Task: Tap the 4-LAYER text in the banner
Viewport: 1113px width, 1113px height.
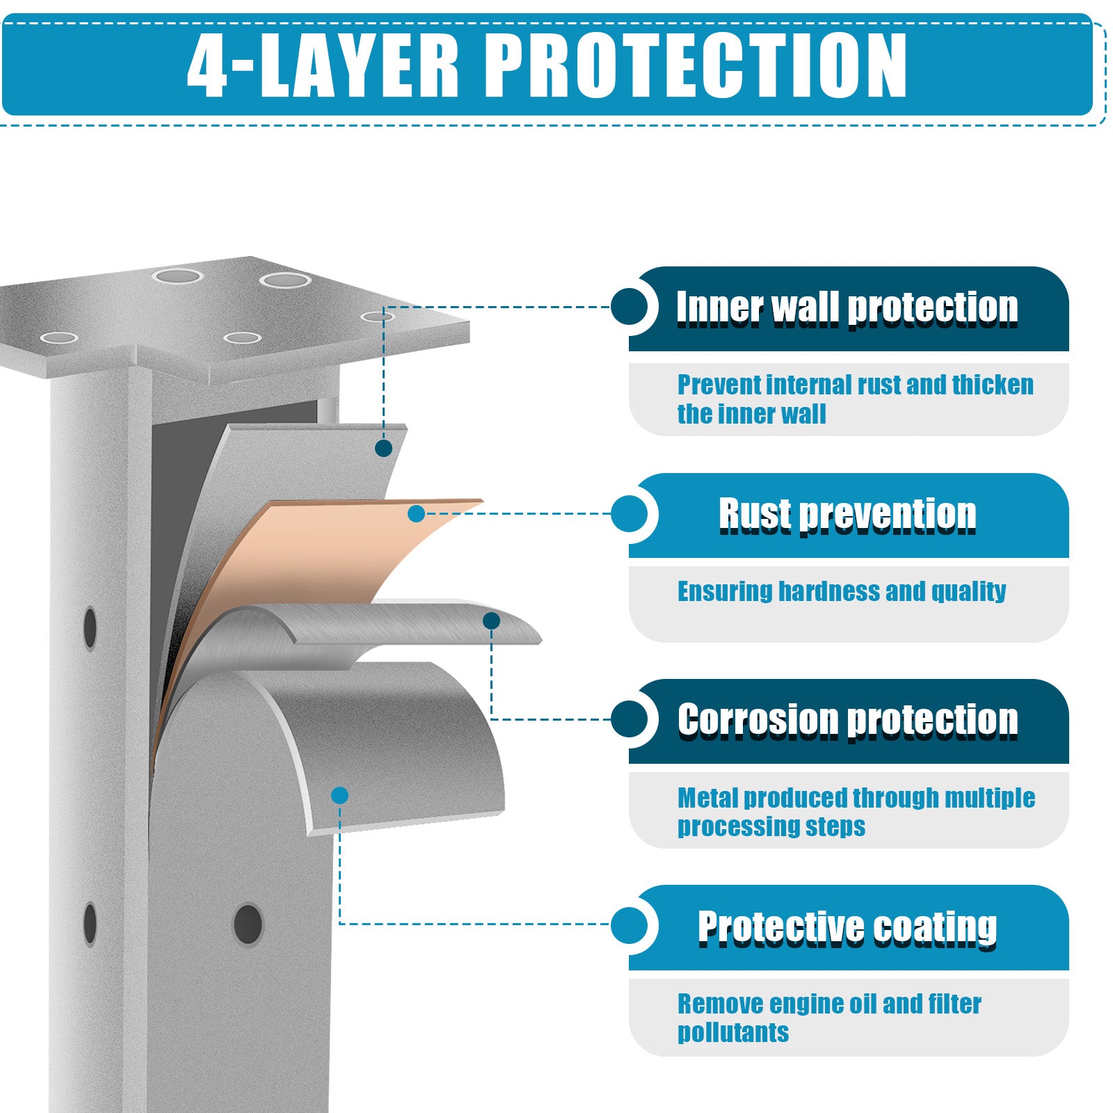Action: [x=323, y=65]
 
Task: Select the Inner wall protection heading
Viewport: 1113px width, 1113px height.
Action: [x=847, y=307]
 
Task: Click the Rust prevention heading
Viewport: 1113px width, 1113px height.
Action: [x=847, y=515]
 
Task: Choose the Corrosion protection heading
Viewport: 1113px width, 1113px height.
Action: [x=847, y=719]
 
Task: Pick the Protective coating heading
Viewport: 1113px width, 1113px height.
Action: [x=847, y=927]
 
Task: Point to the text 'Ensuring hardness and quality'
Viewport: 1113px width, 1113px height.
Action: [x=842, y=591]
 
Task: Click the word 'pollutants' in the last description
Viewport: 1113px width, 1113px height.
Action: [x=733, y=1032]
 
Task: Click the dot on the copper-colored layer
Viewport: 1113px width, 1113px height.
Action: [x=417, y=514]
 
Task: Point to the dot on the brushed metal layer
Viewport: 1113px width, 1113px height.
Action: [x=491, y=620]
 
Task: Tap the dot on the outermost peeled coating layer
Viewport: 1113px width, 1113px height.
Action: [x=339, y=795]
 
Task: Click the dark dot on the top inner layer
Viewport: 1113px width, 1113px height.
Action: [x=383, y=448]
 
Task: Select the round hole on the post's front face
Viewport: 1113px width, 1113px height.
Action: [x=248, y=924]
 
